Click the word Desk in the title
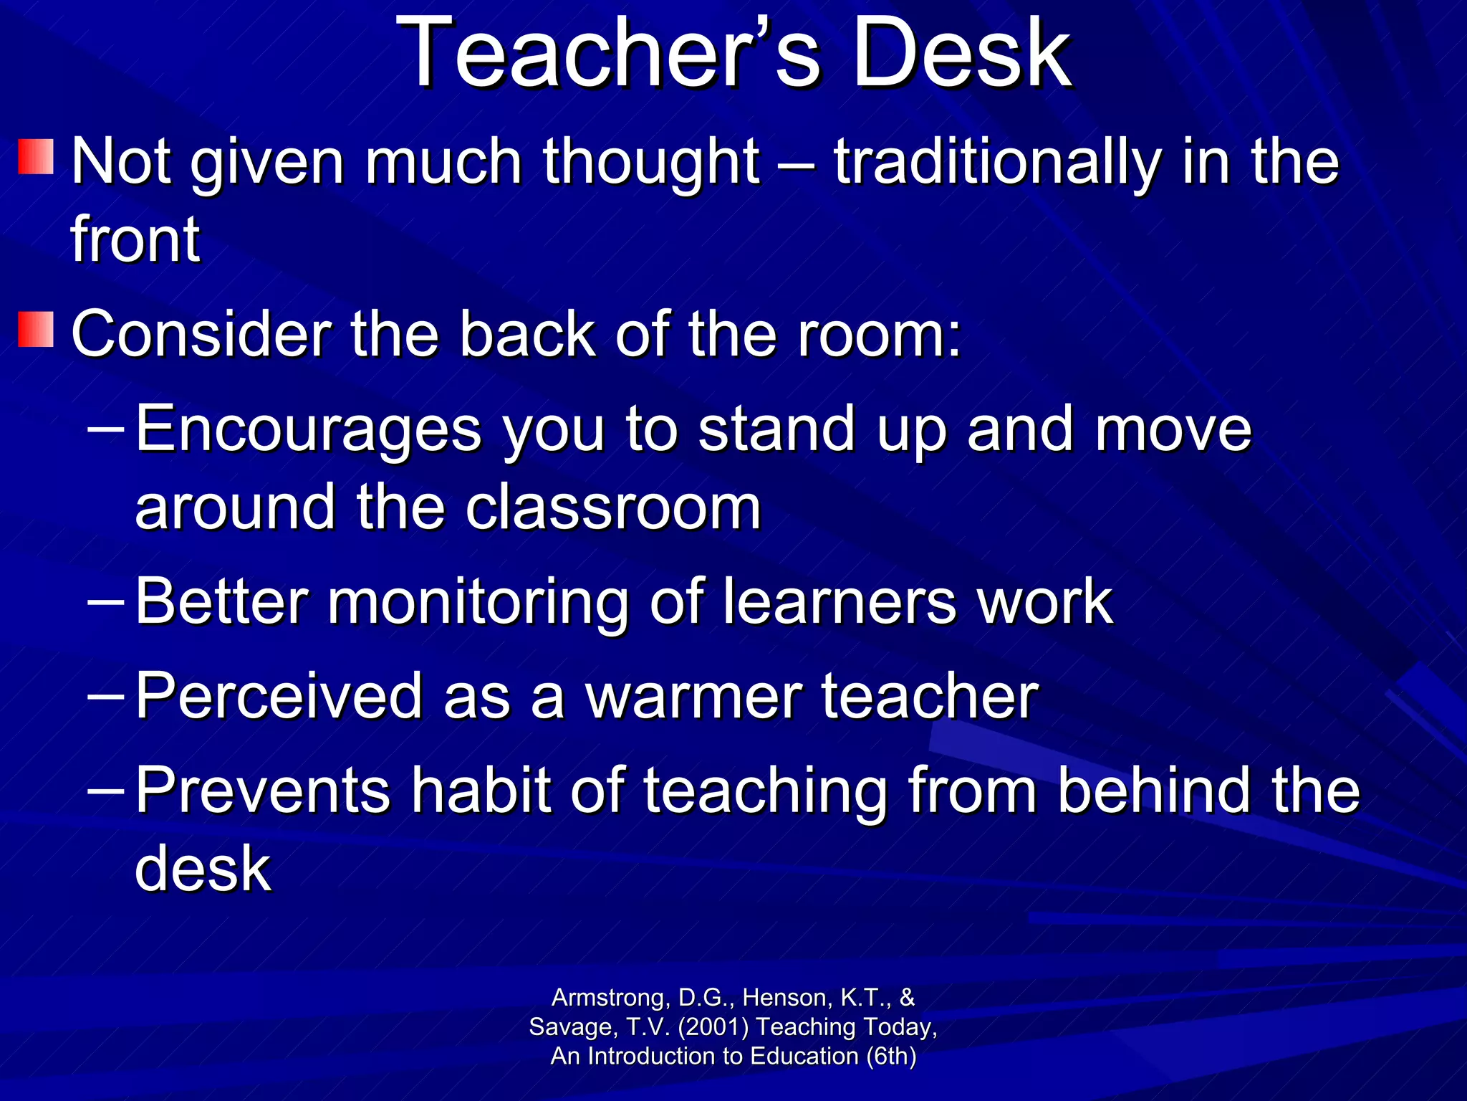pos(961,54)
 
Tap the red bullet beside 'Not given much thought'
pos(36,157)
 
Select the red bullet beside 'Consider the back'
pos(36,330)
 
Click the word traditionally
pos(996,163)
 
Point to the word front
pos(135,239)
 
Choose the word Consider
pos(201,334)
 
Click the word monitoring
pos(478,603)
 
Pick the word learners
pos(839,601)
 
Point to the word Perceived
pos(279,696)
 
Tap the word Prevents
pos(263,791)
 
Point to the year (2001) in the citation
pos(713,1027)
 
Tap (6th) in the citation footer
pos(890,1057)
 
